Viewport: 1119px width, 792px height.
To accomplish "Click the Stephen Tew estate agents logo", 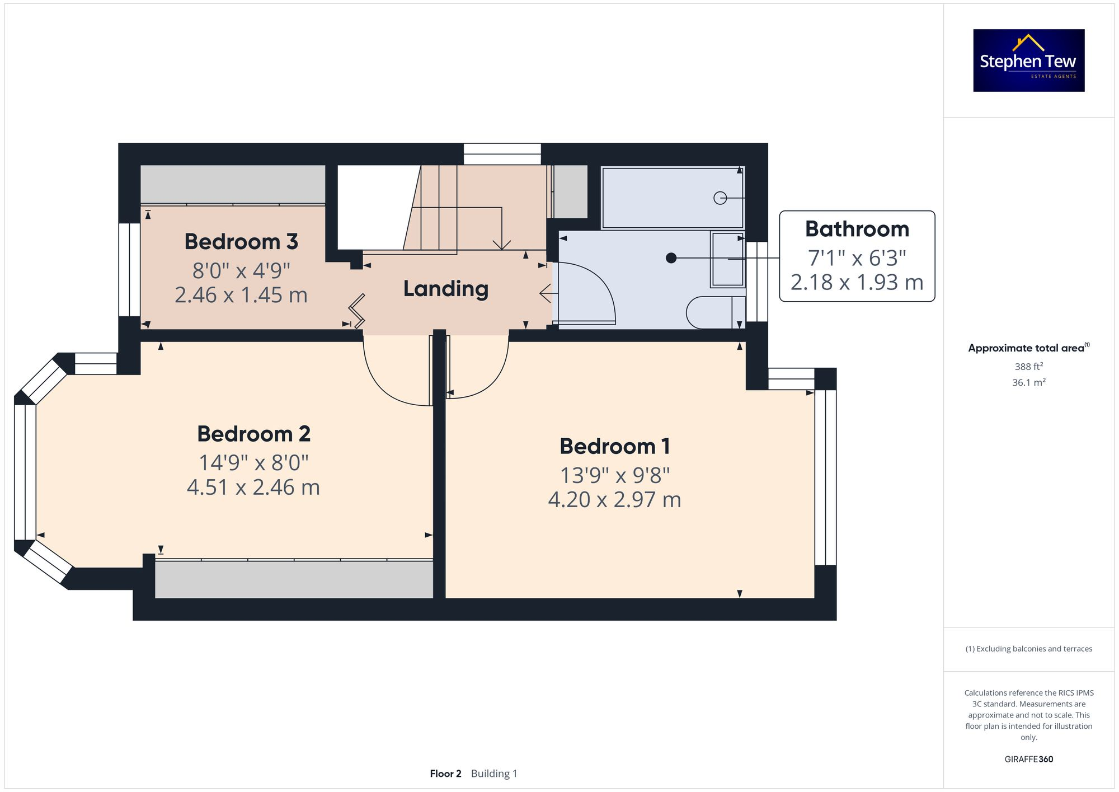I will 1028,60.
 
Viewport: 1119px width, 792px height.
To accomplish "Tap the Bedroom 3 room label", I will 241,242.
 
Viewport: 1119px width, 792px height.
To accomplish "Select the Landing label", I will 446,289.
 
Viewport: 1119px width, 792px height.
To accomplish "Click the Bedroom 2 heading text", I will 253,434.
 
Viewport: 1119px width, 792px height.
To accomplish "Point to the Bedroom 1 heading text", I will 614,446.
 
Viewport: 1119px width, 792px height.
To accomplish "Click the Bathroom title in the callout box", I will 857,229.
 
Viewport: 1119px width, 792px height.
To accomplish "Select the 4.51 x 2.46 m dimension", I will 253,487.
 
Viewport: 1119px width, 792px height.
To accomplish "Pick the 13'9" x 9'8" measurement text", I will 614,475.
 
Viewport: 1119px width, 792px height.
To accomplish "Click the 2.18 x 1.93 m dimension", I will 857,282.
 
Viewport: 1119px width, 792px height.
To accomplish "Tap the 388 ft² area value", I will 1028,367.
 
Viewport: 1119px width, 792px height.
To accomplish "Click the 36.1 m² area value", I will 1028,382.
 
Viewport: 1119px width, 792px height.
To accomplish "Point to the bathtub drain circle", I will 720,198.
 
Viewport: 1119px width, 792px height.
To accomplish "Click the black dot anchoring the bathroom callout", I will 671,258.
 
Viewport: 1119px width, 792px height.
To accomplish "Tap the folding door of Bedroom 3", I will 357,311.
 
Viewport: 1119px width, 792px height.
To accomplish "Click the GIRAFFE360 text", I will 1028,759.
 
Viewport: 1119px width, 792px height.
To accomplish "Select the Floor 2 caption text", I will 445,774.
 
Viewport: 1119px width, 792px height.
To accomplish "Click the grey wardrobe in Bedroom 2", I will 294,579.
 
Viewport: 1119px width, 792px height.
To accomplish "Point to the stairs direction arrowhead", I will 502,245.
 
